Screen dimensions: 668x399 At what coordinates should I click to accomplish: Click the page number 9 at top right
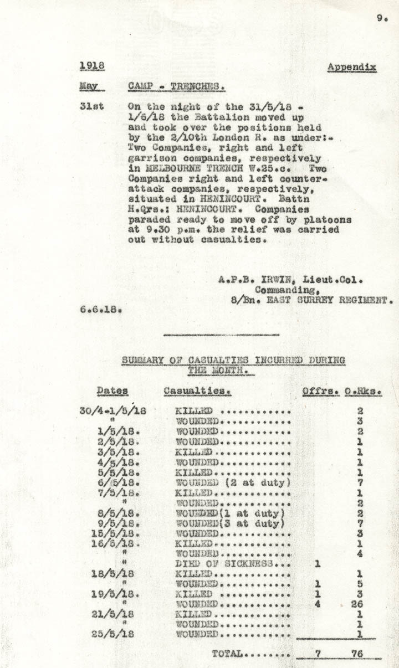click(381, 18)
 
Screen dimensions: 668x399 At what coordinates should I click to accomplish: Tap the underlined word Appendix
click(351, 68)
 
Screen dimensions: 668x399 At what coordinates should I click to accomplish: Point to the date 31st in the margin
click(90, 106)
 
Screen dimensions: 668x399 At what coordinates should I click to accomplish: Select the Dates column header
click(112, 390)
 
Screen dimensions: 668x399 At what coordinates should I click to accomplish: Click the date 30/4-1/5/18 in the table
click(112, 411)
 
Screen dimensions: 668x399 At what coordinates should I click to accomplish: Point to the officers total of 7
click(318, 654)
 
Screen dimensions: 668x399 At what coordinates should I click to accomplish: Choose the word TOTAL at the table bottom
click(227, 654)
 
